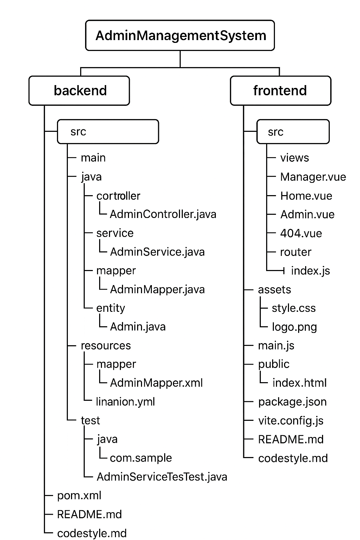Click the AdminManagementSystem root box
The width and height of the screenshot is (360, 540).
(x=180, y=36)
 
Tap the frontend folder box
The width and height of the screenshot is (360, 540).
(x=280, y=91)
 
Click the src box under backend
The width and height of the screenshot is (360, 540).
(x=108, y=132)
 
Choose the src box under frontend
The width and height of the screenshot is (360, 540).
(x=293, y=132)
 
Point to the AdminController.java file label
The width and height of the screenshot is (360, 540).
(x=163, y=214)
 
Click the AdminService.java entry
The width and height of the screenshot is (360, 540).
(x=157, y=252)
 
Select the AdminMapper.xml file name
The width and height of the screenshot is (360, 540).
(x=156, y=383)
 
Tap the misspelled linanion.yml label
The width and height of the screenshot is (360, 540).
(x=125, y=401)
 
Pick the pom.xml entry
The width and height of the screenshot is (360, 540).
(x=79, y=495)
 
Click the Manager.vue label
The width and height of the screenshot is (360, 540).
(x=313, y=177)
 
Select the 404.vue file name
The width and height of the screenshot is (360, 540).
(x=301, y=233)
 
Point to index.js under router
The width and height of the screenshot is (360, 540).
(x=310, y=271)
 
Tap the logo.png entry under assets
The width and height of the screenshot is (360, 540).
(x=294, y=327)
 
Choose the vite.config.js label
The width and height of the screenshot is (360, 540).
(x=291, y=420)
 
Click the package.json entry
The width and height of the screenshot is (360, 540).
(x=292, y=402)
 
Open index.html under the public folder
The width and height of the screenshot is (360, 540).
(x=299, y=383)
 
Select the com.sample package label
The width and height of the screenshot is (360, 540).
(x=141, y=458)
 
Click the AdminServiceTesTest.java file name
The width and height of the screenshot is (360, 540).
(x=162, y=477)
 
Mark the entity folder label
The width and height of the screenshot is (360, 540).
(x=110, y=308)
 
